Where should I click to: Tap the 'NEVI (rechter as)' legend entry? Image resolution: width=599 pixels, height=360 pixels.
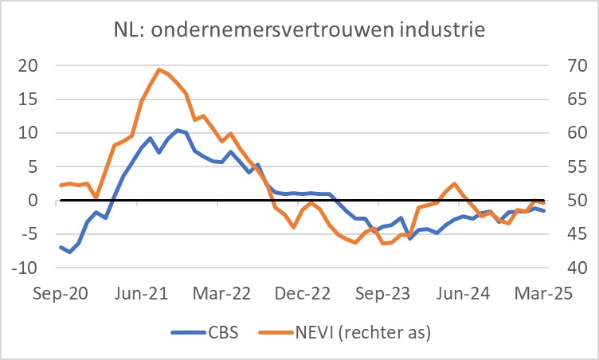(354, 332)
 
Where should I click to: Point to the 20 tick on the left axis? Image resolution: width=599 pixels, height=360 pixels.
(29, 65)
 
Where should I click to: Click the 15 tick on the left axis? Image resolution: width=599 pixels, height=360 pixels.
(29, 100)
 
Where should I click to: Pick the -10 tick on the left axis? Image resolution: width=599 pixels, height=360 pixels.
(25, 268)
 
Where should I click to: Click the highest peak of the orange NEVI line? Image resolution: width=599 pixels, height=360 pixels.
(159, 69)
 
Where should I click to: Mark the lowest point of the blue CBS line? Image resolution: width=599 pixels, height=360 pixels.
(70, 252)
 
